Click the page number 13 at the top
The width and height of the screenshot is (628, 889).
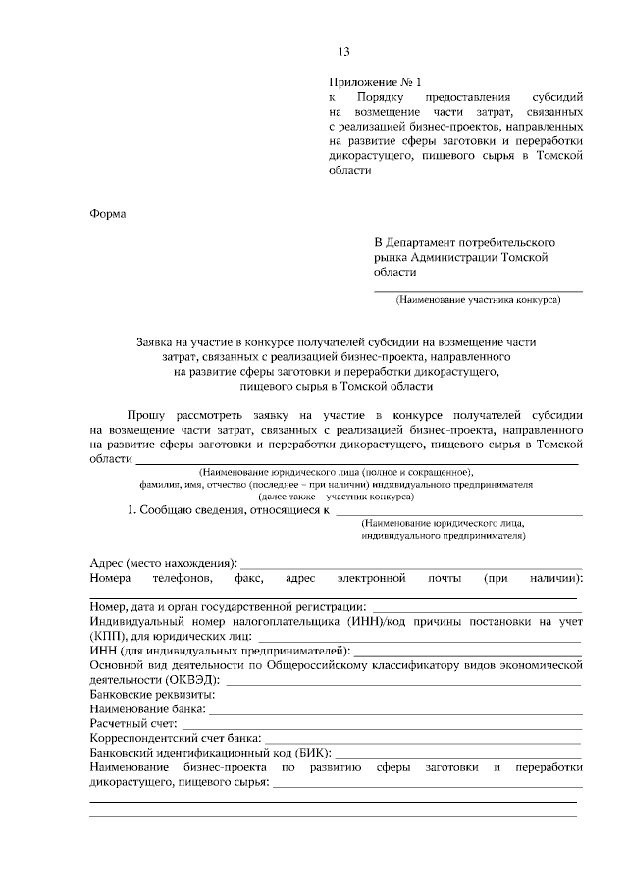tap(343, 53)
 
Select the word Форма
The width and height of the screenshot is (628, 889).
tap(108, 212)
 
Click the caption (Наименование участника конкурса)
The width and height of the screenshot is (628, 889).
tap(478, 300)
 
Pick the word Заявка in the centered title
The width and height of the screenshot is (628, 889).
tap(158, 341)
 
